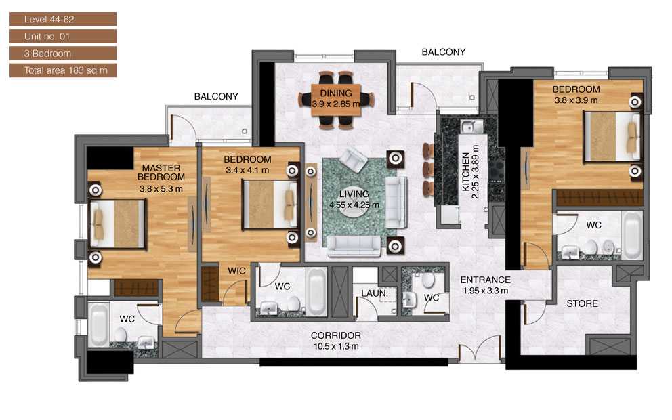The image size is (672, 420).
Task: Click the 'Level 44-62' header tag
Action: point(62,19)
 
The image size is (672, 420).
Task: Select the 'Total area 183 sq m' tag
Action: point(62,70)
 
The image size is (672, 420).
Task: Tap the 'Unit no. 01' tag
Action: point(62,36)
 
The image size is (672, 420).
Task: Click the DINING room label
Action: point(336,93)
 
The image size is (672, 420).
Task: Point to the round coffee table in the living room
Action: point(353,205)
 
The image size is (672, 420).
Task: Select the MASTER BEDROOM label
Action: point(160,172)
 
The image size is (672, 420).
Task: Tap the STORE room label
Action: point(582,303)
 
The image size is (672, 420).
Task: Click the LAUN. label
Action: point(373,293)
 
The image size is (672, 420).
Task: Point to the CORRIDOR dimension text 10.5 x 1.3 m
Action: point(335,346)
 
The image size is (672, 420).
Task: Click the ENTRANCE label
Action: point(485,280)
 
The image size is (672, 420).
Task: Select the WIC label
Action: point(236,271)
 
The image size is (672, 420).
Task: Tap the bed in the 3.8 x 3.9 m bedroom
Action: point(611,136)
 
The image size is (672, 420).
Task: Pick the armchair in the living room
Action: point(353,160)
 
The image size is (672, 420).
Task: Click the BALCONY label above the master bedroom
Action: point(216,97)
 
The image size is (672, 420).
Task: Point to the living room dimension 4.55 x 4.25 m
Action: point(353,205)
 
